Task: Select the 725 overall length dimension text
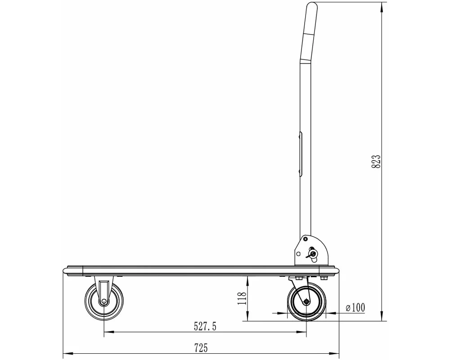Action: (201, 348)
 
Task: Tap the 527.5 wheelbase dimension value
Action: (205, 326)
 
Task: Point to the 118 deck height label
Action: (242, 298)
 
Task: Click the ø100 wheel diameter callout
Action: (355, 308)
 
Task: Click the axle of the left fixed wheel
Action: (103, 301)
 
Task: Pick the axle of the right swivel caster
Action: (306, 301)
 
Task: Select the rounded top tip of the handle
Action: (312, 4)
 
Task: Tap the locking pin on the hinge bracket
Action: (312, 254)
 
